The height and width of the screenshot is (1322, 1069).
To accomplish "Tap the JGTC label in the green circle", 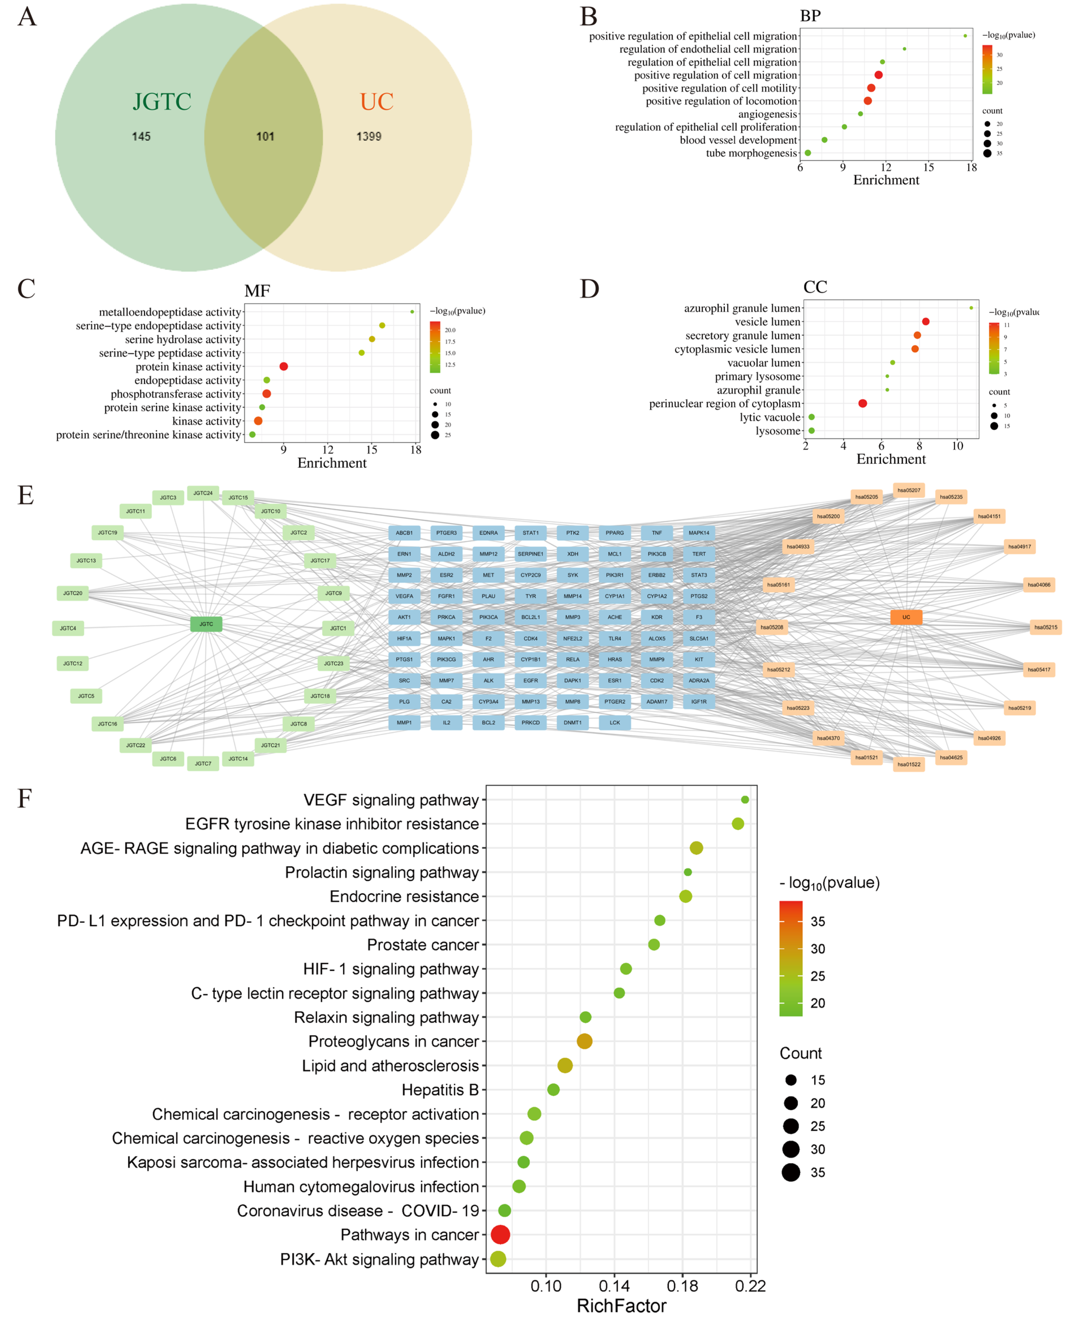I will (x=162, y=102).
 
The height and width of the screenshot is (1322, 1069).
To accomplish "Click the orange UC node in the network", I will (x=906, y=617).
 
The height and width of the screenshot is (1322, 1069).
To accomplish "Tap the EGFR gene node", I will (x=530, y=680).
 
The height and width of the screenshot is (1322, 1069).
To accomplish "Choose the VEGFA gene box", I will (x=404, y=596).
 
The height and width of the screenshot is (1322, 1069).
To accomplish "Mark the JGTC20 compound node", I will (x=73, y=593).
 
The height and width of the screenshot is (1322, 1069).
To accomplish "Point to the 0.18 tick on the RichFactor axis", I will (x=682, y=1286).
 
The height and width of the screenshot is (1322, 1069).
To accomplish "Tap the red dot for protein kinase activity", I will (x=283, y=366).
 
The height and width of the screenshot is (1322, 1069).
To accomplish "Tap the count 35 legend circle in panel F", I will (x=791, y=1172).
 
